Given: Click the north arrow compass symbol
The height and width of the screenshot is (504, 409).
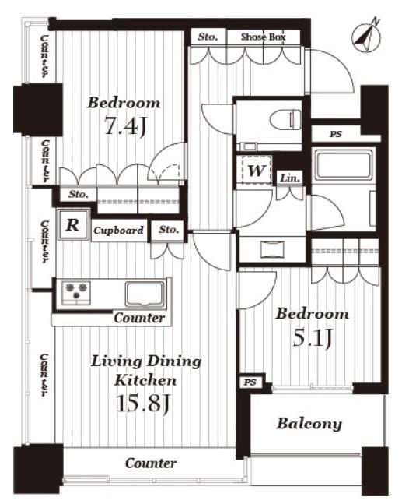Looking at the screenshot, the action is [x=366, y=36].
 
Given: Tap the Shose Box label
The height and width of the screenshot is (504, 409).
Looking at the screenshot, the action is [x=263, y=37].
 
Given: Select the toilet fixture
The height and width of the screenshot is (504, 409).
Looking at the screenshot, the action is [x=285, y=120].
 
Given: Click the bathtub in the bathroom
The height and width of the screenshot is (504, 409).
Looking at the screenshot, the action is [x=343, y=165].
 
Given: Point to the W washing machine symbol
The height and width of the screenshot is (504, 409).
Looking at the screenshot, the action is [x=257, y=171].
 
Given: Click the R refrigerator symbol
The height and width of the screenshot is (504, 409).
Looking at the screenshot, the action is [x=73, y=225].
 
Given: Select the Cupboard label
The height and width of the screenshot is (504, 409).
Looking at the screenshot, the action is [x=118, y=231].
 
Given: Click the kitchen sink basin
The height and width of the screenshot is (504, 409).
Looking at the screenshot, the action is [x=145, y=294].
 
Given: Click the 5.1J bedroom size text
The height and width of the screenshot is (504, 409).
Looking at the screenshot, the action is [x=312, y=338].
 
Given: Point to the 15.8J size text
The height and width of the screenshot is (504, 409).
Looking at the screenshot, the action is [x=142, y=404].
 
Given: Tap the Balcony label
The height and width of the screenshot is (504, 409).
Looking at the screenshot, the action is [x=309, y=424].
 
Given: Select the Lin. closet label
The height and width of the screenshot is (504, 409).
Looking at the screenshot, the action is [x=290, y=178].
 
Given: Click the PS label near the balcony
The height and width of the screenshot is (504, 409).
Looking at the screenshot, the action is [x=250, y=382].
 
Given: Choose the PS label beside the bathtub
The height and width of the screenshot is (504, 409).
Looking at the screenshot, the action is [x=336, y=134].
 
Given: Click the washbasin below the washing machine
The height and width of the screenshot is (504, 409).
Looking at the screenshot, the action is [x=272, y=249].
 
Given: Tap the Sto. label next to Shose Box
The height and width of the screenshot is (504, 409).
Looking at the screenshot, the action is [x=208, y=37].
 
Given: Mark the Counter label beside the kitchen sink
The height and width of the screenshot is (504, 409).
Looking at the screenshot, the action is [x=139, y=319].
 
